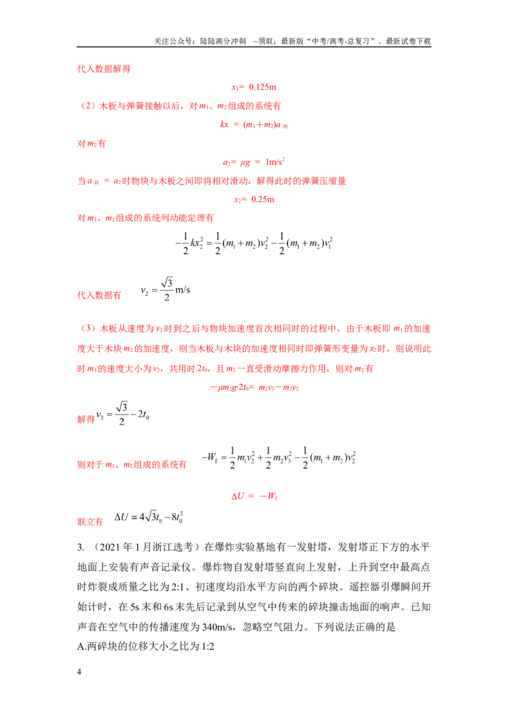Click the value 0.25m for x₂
click(x=263, y=199)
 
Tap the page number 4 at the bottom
click(x=79, y=672)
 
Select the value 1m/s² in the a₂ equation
click(x=275, y=162)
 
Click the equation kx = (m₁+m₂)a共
click(x=254, y=124)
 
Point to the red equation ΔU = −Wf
click(x=255, y=496)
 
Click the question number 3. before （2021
click(x=81, y=547)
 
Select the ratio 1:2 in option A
click(x=208, y=647)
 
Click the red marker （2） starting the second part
click(x=88, y=106)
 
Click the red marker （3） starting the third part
click(x=88, y=329)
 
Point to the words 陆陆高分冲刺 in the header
click(x=223, y=41)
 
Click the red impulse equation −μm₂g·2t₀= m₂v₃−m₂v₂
click(x=255, y=387)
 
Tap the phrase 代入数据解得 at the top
click(x=104, y=69)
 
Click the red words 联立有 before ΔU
click(x=90, y=522)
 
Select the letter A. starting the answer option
click(x=82, y=647)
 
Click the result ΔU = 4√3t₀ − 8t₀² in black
click(x=149, y=517)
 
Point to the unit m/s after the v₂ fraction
click(x=182, y=290)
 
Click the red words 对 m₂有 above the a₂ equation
click(x=91, y=144)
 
